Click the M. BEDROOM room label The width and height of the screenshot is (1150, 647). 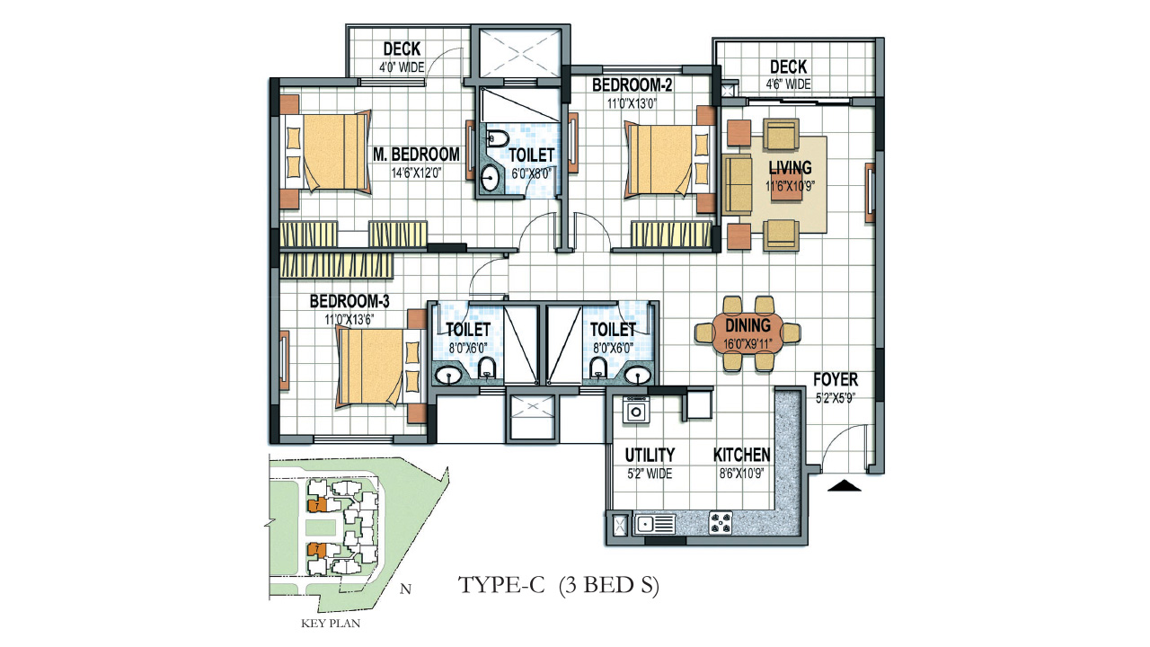416,155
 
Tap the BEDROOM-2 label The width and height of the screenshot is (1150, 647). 632,85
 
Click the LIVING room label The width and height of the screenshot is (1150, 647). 790,168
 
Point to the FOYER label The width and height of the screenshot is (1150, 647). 836,379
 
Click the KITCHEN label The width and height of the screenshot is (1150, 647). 741,456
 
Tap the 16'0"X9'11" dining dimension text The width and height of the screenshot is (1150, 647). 749,343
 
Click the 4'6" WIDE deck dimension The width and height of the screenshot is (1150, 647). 788,85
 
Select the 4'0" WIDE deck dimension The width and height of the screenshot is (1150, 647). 401,67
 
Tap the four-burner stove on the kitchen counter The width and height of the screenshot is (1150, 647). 721,520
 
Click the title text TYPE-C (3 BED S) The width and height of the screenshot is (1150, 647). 559,586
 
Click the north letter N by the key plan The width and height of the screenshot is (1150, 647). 405,590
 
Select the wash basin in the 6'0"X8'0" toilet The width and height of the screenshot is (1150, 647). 491,177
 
